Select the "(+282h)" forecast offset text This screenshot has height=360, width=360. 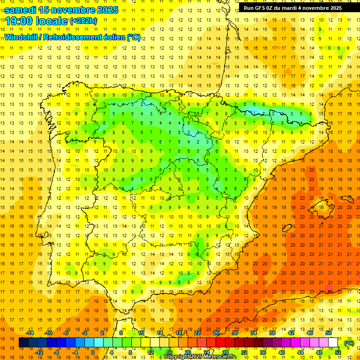tap(83, 21)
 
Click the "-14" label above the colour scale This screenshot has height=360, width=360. tap(30, 333)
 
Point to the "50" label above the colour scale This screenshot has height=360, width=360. tap(328, 333)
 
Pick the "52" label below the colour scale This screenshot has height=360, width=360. tap(338, 352)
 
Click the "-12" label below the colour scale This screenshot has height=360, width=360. tap(39, 352)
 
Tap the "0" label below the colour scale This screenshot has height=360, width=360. tap(93, 352)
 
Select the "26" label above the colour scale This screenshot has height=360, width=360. tap(216, 333)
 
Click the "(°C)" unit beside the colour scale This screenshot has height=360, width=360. tap(349, 343)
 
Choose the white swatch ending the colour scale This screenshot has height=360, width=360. tap(333, 343)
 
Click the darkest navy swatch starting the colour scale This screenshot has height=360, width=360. tap(23, 343)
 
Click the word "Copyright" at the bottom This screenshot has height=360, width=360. tap(177, 357)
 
